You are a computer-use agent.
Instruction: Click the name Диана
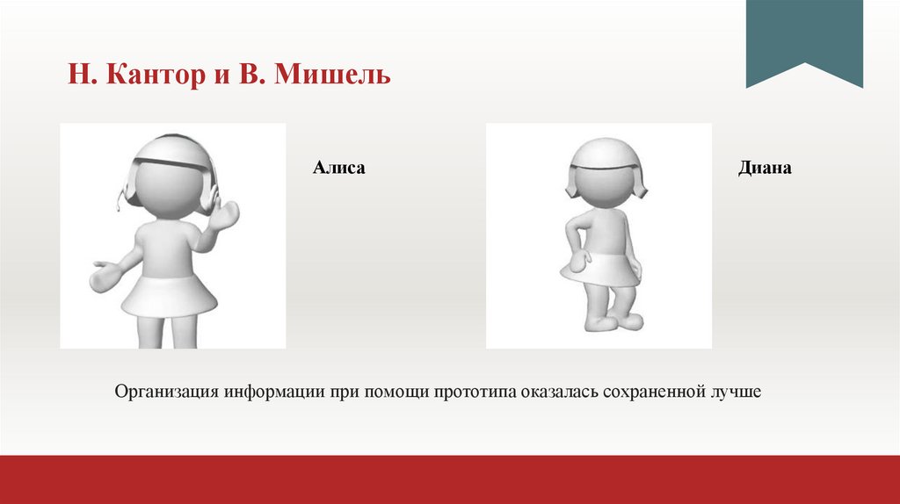[765, 167]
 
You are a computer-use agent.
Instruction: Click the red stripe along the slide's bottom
[450, 479]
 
